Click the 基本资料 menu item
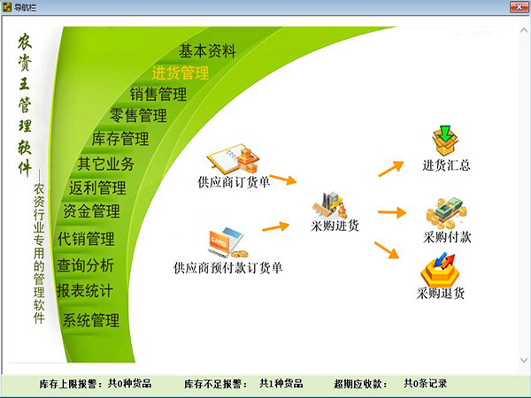coord(207,51)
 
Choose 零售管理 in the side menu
coord(138,115)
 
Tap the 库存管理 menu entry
coord(119,139)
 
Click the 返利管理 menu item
coord(97,188)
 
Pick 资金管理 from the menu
coord(91,211)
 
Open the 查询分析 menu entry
coord(85,264)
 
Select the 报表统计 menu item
coord(85,290)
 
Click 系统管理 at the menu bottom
coord(90,320)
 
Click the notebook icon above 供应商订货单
coord(227,159)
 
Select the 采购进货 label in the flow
coord(335,226)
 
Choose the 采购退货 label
coord(440,293)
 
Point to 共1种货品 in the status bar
coord(281,384)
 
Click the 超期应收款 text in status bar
coord(360,384)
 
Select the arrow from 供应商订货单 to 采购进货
coord(282,180)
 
